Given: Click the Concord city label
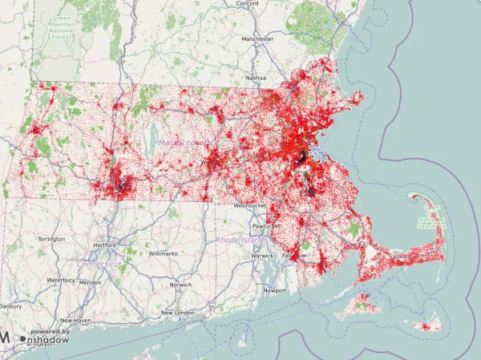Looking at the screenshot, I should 247,3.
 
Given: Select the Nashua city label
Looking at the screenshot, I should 256,78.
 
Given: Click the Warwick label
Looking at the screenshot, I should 262,256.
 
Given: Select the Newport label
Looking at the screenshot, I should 275,290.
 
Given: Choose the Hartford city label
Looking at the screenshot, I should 104,245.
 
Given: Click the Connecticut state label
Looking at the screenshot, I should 100,264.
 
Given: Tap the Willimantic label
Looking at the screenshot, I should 164,253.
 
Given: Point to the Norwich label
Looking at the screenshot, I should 180,285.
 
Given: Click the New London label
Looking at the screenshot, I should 178,313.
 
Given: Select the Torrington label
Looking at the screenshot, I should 51,239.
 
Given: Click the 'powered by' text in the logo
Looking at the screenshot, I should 50,331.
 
